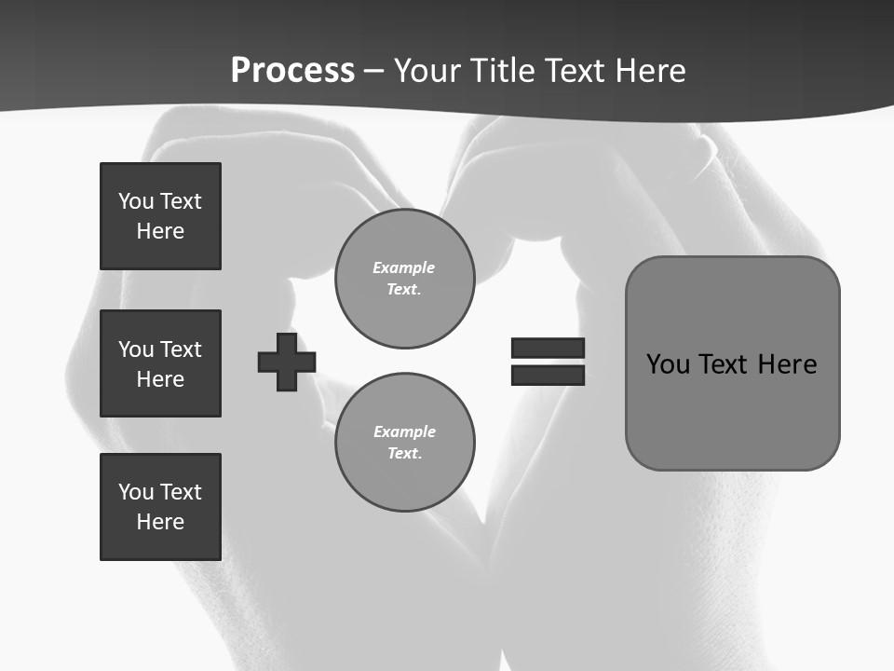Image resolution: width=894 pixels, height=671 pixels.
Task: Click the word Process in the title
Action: coord(292,71)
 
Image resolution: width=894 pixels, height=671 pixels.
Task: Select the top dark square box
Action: coord(160,216)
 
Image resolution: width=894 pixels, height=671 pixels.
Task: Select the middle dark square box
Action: coord(160,363)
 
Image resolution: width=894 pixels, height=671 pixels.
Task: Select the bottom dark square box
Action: coord(160,507)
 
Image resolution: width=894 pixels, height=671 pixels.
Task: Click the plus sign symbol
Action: coord(287,362)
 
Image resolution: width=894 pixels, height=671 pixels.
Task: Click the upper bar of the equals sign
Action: coord(548,348)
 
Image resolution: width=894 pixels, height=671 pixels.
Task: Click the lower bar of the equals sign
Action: coord(548,375)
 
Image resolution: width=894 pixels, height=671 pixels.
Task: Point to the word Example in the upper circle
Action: coord(403,267)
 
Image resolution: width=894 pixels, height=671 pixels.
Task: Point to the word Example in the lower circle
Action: coord(404,431)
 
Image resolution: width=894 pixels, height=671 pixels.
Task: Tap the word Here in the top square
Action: coord(160,231)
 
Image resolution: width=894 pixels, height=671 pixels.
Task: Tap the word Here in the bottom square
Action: coord(160,522)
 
